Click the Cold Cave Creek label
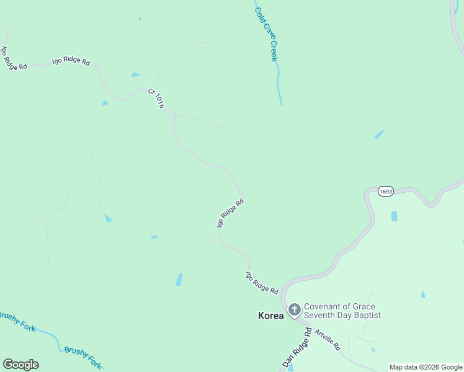(x=266, y=34)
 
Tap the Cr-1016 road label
(x=156, y=99)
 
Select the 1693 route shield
(x=385, y=192)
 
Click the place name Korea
(x=270, y=316)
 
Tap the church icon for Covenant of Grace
(x=294, y=309)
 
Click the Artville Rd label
(x=327, y=340)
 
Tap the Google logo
(x=20, y=365)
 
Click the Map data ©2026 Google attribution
(x=426, y=367)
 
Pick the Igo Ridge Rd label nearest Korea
(x=262, y=283)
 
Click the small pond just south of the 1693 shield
(x=394, y=216)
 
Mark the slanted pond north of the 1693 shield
(x=378, y=134)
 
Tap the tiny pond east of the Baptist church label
(x=423, y=295)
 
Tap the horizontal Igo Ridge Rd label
(x=71, y=61)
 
